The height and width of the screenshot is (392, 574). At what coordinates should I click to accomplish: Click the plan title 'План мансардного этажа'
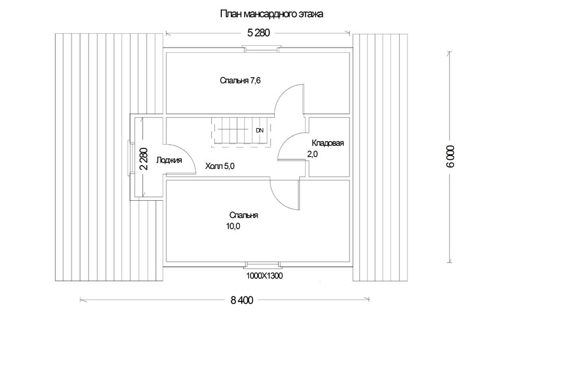272,14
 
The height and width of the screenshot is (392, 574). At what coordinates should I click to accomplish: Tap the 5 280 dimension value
258,33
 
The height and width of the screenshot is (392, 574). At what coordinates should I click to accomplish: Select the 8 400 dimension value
242,300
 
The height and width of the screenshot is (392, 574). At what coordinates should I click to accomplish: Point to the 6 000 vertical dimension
450,157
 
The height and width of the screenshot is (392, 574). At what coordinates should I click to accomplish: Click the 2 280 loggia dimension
143,159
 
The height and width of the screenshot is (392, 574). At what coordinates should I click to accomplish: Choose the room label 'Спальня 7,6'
240,80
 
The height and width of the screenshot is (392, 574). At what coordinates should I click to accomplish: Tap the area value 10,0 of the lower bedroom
233,226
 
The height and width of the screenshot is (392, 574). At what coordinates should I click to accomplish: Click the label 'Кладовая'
328,143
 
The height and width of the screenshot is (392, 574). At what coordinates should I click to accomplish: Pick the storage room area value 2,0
313,154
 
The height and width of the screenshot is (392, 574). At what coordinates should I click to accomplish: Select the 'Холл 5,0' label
219,166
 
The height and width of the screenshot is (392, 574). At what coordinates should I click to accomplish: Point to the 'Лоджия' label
169,161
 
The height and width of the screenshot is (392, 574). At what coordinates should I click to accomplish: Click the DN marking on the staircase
260,130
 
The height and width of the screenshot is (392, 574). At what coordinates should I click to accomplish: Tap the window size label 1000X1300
264,275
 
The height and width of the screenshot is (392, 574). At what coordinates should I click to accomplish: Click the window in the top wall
261,48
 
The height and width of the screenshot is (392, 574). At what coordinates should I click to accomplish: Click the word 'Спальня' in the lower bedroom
244,215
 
